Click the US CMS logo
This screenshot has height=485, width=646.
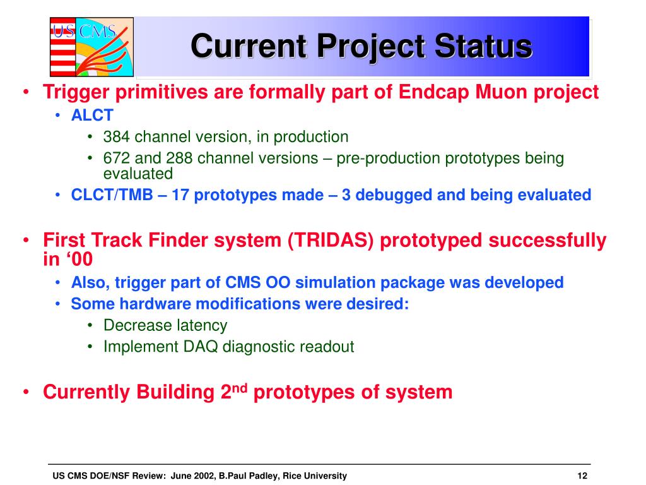(92, 47)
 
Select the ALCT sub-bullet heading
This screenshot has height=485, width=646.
(92, 116)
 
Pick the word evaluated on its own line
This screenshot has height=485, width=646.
(138, 174)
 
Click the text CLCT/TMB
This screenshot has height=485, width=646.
(112, 195)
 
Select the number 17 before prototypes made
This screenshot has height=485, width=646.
(180, 195)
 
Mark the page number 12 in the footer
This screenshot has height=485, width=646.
(582, 476)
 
